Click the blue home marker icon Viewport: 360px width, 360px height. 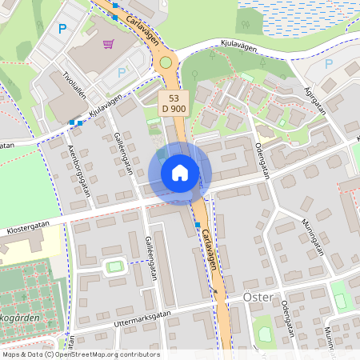click(180, 173)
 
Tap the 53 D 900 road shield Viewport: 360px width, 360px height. click(174, 102)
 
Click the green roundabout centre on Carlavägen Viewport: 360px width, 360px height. click(166, 62)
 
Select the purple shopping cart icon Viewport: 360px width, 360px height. click(108, 44)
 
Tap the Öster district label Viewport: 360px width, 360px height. click(257, 298)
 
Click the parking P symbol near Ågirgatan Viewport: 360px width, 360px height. click(328, 63)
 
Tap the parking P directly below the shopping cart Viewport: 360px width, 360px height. click(122, 72)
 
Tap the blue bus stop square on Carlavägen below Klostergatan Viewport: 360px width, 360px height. click(198, 226)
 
